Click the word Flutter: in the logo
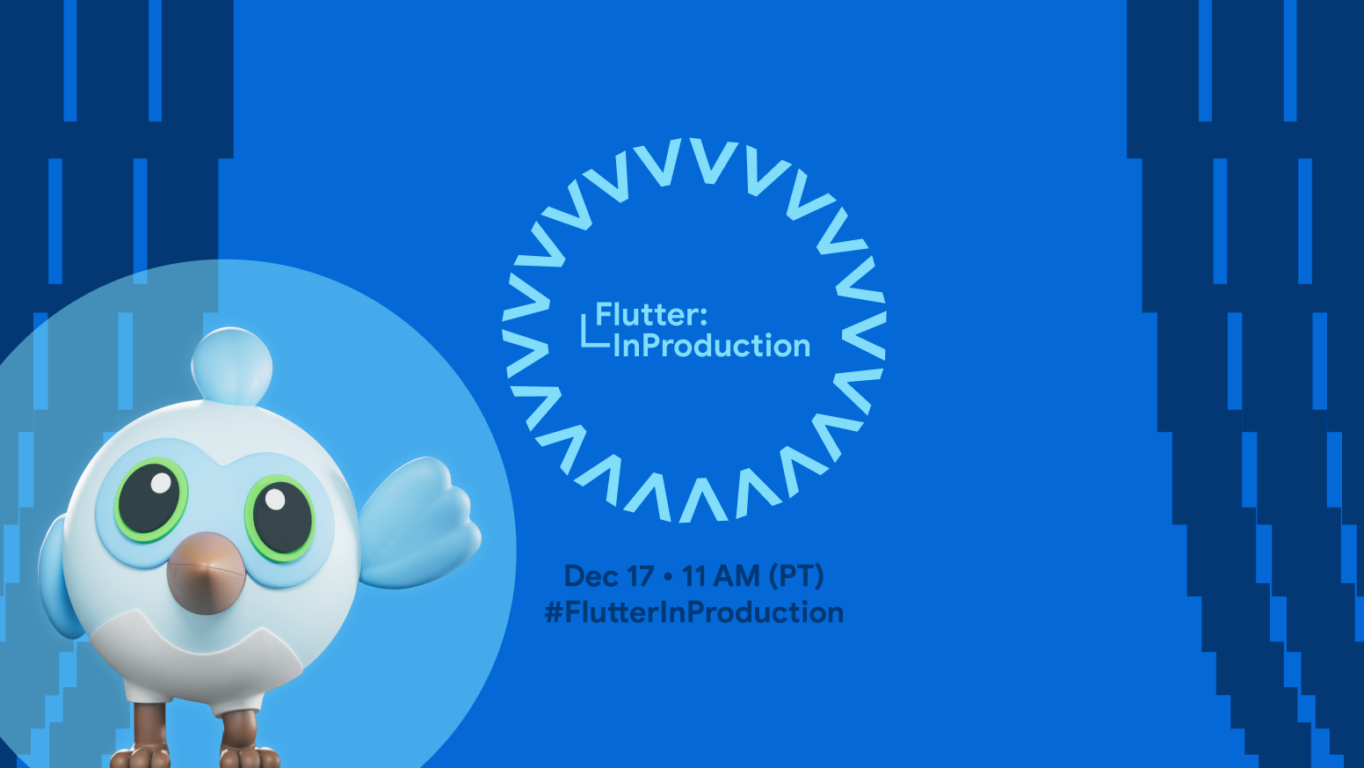[651, 315]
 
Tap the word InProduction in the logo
[711, 346]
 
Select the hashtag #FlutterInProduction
[693, 612]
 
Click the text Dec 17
[608, 576]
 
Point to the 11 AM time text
[721, 576]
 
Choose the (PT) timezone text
[796, 576]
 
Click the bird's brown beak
[206, 573]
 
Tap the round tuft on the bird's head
[232, 367]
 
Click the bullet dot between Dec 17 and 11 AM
[668, 576]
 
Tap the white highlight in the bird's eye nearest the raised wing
[275, 499]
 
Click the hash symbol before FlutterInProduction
[554, 612]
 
